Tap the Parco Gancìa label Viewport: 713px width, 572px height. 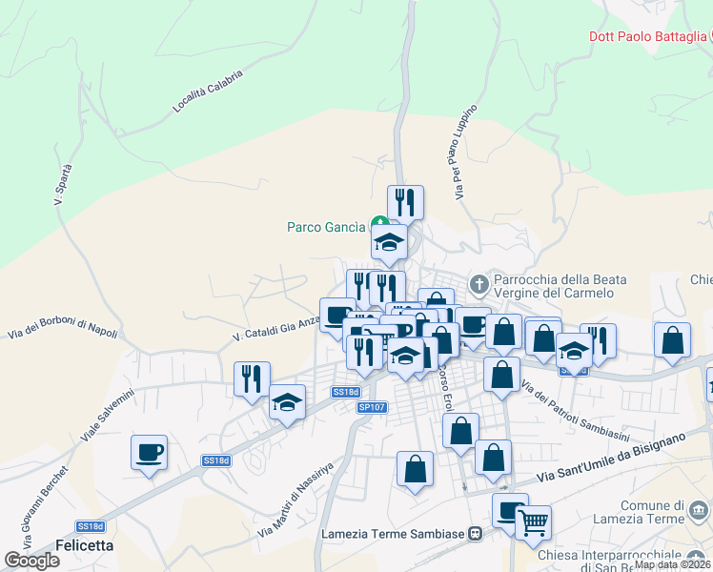[x=326, y=227]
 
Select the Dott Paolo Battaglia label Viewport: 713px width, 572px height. [x=643, y=37]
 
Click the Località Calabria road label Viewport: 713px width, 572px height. [x=208, y=92]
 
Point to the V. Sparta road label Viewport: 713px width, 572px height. [x=63, y=186]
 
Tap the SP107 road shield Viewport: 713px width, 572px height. [x=372, y=407]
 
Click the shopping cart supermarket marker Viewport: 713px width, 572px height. [x=533, y=521]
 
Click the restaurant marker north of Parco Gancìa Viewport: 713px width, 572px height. [x=405, y=202]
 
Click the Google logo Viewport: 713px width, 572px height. [x=31, y=560]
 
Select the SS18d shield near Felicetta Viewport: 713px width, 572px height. [x=90, y=526]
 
